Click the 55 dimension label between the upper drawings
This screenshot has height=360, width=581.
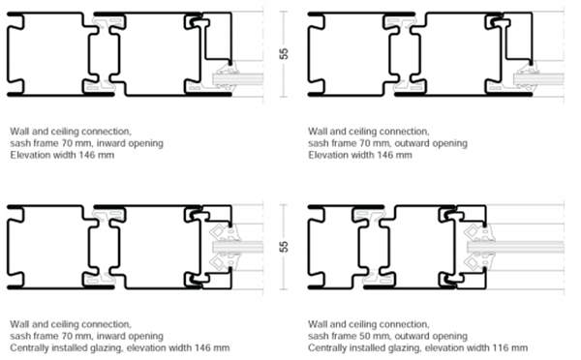(284, 54)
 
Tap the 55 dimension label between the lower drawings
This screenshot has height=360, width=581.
(284, 247)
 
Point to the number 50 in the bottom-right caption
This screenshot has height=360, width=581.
(360, 336)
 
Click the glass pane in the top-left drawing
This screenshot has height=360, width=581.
(238, 79)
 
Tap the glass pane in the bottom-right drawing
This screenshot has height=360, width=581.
(515, 247)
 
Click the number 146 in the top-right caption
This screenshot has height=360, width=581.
(384, 155)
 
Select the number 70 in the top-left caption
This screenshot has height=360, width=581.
(67, 143)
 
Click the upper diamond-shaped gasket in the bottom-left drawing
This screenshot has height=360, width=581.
(217, 232)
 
